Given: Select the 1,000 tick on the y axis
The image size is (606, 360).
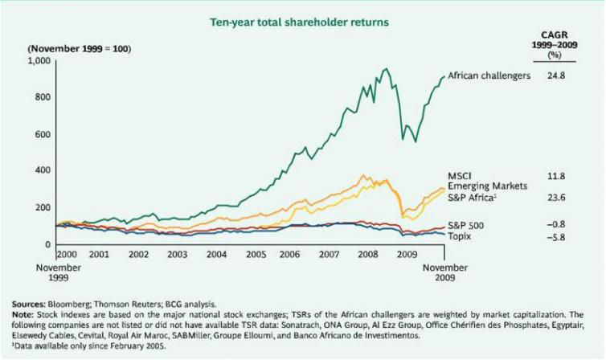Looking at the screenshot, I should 40,61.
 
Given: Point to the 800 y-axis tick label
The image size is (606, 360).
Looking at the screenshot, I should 43,97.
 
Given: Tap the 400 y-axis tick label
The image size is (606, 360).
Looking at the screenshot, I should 43,171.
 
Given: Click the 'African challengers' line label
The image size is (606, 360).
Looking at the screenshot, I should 489,76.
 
